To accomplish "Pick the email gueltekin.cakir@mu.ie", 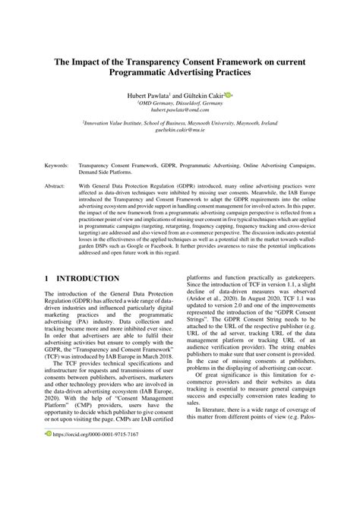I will pos(180,130).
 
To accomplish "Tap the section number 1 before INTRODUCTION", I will pos(48,280).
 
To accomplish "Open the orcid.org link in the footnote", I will pos(96,477).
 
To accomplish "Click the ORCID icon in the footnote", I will pos(48,477).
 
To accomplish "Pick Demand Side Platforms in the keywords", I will pos(112,172).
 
